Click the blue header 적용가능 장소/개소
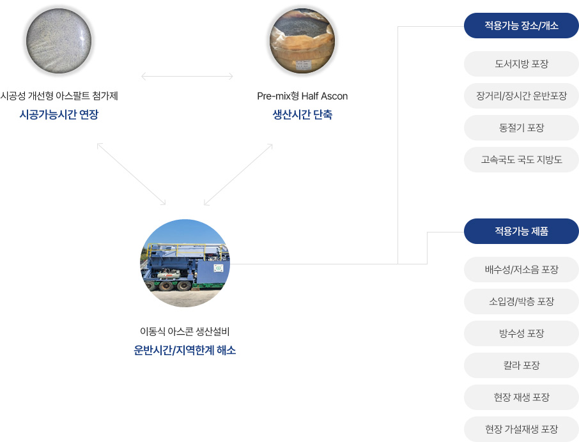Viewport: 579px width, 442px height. click(x=521, y=26)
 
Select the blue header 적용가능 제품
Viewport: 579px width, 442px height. click(x=521, y=231)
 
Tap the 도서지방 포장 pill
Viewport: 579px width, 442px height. click(x=521, y=64)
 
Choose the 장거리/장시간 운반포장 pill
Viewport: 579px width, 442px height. click(x=521, y=96)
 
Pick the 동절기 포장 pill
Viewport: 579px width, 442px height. click(x=521, y=128)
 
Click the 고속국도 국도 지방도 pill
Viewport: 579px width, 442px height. click(x=521, y=160)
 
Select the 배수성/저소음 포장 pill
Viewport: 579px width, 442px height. click(x=521, y=270)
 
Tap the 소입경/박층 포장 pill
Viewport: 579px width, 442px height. click(x=521, y=301)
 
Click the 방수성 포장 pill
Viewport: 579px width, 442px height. click(x=521, y=333)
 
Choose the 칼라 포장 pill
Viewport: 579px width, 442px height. click(x=521, y=365)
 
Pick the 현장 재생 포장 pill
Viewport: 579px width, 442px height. click(x=521, y=397)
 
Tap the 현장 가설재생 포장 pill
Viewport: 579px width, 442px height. click(x=521, y=429)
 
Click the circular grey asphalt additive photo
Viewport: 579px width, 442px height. click(x=59, y=41)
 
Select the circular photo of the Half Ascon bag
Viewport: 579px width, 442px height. click(x=302, y=41)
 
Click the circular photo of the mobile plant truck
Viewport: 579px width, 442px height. click(x=185, y=263)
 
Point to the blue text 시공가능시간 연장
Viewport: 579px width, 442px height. click(x=59, y=114)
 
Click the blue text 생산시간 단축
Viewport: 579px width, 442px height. click(x=302, y=114)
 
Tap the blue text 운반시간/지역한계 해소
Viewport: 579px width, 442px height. click(x=185, y=350)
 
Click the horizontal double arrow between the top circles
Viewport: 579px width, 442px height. click(x=187, y=77)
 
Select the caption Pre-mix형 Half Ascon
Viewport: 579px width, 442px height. click(x=302, y=96)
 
